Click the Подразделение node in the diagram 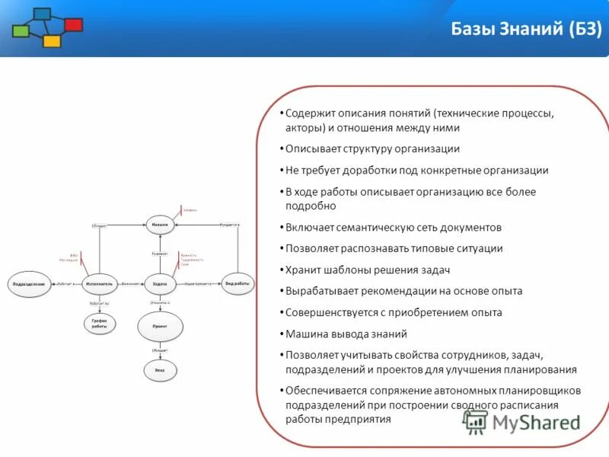(x=29, y=283)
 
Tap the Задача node (x=160, y=283)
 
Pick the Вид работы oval (x=238, y=283)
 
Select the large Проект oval (x=160, y=326)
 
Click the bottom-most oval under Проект (x=160, y=370)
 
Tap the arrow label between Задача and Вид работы (x=199, y=283)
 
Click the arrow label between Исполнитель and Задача (x=130, y=283)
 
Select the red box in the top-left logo (x=74, y=25)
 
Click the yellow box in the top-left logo (x=52, y=41)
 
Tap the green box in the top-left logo (x=21, y=31)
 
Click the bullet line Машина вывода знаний (x=346, y=334)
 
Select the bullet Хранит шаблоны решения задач (x=368, y=270)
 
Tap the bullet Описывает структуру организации (x=372, y=149)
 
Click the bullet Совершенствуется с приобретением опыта (x=394, y=312)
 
